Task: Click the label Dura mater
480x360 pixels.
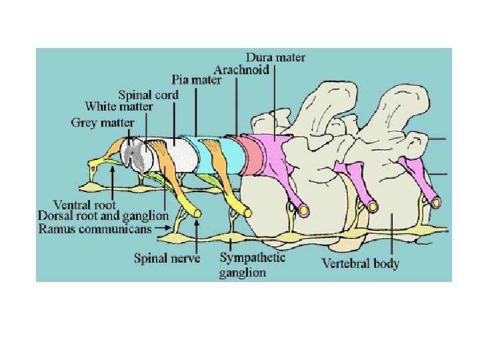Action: tap(275, 57)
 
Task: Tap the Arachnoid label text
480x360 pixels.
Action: tap(241, 69)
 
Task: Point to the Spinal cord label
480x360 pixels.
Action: tap(149, 95)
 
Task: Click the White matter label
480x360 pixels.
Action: tap(119, 107)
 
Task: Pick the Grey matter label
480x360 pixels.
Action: tap(102, 123)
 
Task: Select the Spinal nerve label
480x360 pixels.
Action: tap(167, 257)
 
